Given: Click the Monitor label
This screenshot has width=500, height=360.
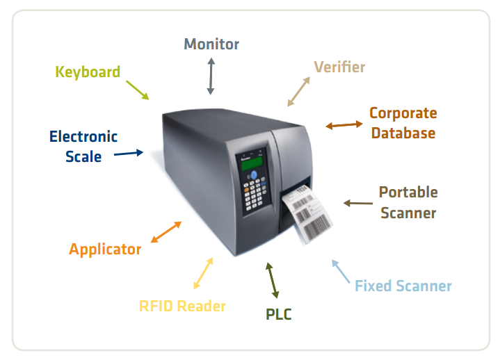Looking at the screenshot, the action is (x=211, y=44).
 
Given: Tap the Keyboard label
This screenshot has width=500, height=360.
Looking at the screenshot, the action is (x=88, y=72).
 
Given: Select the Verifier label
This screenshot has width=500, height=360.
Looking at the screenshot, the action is (x=339, y=67).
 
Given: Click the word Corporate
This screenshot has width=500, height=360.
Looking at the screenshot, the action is (x=403, y=113).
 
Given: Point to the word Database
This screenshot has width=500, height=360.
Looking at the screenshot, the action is (x=403, y=133).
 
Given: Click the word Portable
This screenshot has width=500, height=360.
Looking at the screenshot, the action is (x=408, y=192).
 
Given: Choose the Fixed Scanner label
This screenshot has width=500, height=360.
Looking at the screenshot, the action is (x=403, y=286).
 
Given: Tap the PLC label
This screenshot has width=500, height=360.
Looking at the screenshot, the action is (x=278, y=314).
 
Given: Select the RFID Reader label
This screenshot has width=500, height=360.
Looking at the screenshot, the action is (x=182, y=306).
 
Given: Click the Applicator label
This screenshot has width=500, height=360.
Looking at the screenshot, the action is (x=105, y=249).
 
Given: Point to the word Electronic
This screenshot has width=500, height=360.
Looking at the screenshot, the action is (x=83, y=137).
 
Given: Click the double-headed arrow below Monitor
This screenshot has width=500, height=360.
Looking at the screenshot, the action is (x=211, y=76).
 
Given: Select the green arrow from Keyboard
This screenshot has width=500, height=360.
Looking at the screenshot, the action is (x=138, y=90).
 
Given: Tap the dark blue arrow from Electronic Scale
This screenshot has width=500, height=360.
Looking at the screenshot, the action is (x=129, y=153).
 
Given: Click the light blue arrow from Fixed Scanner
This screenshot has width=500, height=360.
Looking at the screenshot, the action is (x=341, y=272).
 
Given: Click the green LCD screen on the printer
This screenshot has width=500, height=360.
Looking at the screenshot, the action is (x=252, y=163).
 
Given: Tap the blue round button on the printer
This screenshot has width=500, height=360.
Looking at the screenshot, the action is (x=254, y=175).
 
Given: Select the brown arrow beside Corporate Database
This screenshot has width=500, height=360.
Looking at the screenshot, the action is (x=344, y=124).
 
